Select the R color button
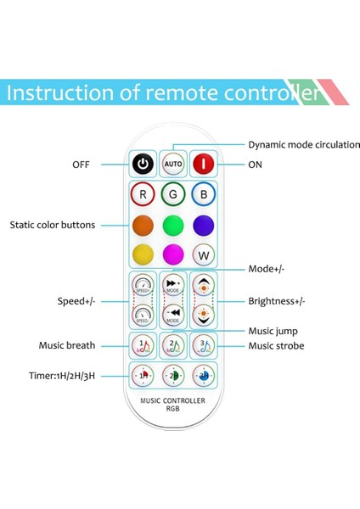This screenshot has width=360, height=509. [x=143, y=194]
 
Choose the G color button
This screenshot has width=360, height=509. [x=174, y=194]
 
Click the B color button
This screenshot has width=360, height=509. [x=204, y=194]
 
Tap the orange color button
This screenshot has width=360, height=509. [x=143, y=225]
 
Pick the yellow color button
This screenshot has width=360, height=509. [x=143, y=254]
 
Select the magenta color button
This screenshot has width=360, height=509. [x=174, y=254]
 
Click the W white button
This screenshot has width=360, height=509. [x=204, y=254]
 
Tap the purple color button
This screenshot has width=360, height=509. [x=204, y=225]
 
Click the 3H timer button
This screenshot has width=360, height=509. [x=204, y=374]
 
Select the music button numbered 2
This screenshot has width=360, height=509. [x=174, y=345]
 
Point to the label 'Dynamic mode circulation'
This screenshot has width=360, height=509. [x=303, y=144]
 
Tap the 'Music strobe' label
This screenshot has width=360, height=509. [x=276, y=346]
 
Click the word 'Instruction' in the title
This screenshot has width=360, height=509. [x=61, y=92]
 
